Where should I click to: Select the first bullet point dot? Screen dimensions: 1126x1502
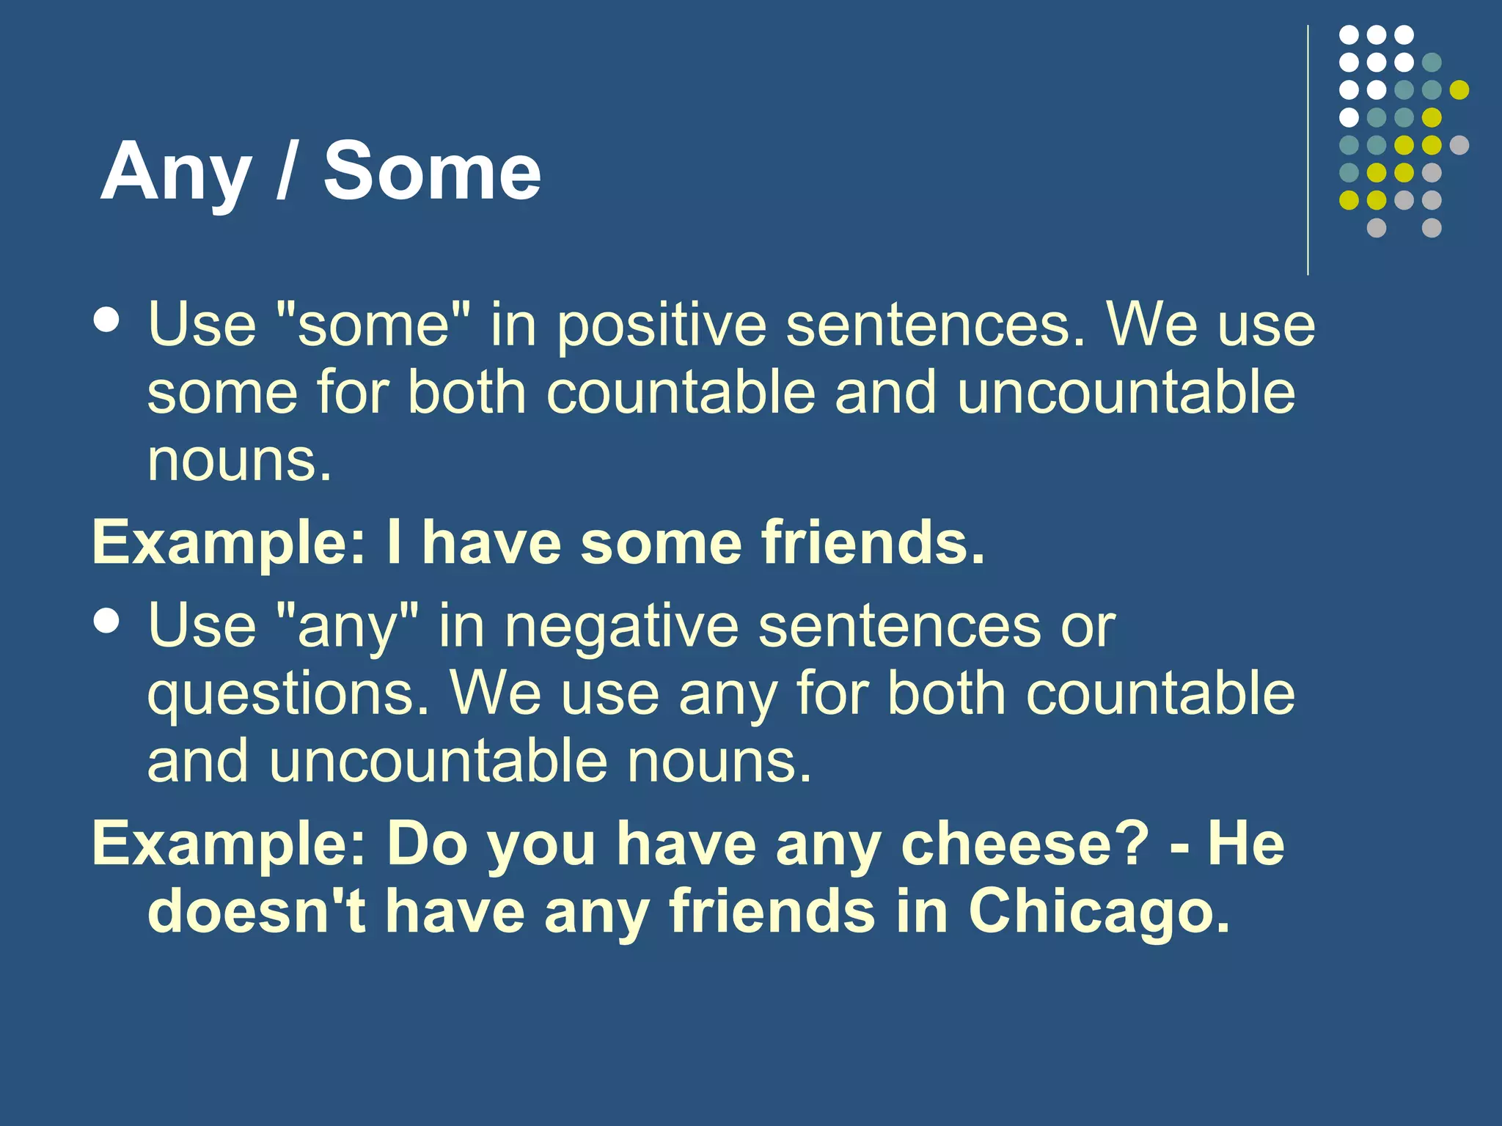point(107,320)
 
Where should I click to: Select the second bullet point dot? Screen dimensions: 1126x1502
point(107,622)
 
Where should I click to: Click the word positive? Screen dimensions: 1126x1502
point(662,326)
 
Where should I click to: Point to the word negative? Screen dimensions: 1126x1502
point(622,628)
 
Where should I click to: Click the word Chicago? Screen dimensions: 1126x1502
point(1098,911)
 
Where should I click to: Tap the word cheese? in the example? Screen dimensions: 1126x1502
point(1025,844)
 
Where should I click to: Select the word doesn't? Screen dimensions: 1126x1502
point(257,911)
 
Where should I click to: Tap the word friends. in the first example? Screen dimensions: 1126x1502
point(873,543)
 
